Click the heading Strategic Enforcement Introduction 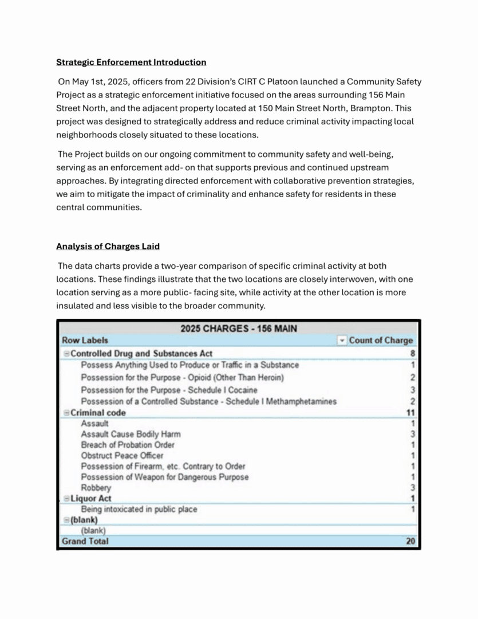coord(131,62)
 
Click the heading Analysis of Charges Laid coord(108,246)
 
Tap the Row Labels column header coord(85,340)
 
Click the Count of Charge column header coord(381,340)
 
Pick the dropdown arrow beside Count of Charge coord(342,340)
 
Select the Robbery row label coord(96,488)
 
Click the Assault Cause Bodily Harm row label coord(131,434)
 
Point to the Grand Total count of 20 coord(411,541)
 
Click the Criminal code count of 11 coord(411,413)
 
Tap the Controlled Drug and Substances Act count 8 coord(413,354)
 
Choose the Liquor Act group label coord(91,499)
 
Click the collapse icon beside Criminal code coord(66,413)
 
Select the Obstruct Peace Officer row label coord(122,456)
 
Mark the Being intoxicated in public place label coord(139,509)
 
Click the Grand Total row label coord(85,541)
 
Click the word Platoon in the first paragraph coord(323,82)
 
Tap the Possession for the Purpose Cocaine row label coord(169,390)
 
